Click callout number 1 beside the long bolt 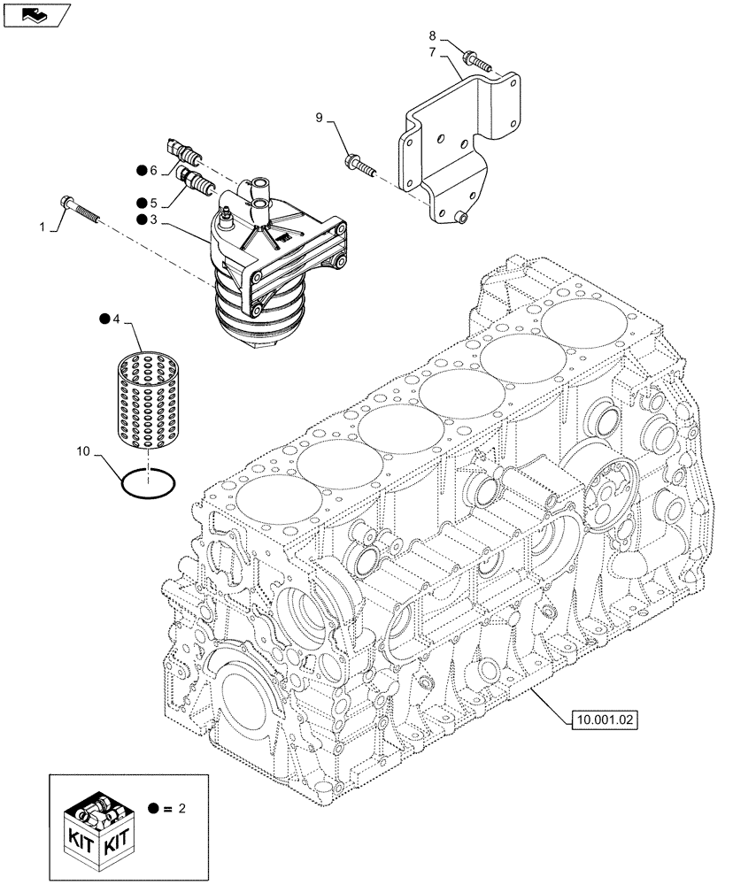[42, 227]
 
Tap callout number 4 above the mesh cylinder [118, 318]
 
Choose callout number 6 [153, 170]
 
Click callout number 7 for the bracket [433, 53]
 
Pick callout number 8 [433, 36]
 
